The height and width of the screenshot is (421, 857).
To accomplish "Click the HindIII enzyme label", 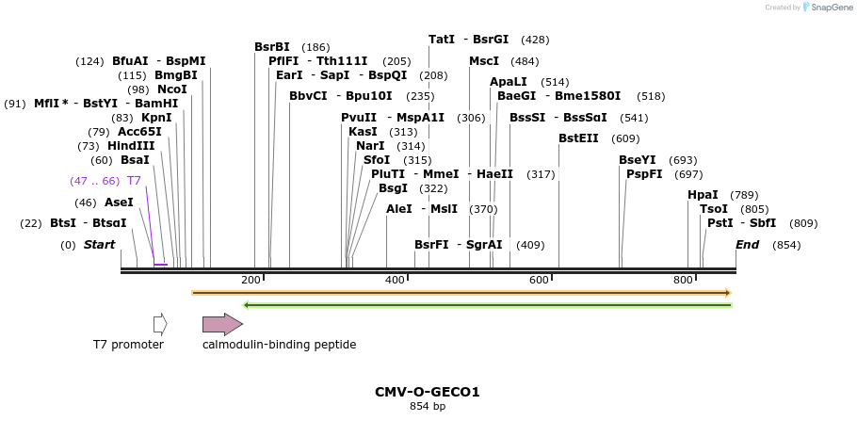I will tap(131, 146).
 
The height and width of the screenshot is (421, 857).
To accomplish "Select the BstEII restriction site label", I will tap(578, 138).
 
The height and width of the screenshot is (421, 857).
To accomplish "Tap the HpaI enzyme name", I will tap(703, 195).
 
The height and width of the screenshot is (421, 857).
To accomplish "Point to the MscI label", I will tap(484, 61).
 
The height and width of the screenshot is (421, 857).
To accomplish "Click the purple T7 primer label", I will tap(134, 181).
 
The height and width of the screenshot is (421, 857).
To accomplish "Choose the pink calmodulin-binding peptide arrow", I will tap(222, 324).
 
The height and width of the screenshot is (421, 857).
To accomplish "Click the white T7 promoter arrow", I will tap(160, 324).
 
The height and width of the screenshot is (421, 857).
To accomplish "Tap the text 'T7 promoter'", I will tap(128, 345).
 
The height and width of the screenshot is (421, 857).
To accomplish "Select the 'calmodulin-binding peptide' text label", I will tap(279, 345).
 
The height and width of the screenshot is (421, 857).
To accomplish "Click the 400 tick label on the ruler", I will tap(395, 280).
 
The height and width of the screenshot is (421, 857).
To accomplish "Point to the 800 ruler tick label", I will tap(683, 280).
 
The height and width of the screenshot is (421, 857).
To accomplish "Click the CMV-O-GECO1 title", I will tap(428, 392).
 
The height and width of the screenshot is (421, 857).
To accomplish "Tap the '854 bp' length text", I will tap(428, 407).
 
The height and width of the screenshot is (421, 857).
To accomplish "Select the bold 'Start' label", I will tap(99, 245).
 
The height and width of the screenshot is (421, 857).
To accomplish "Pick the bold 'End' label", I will tap(748, 245).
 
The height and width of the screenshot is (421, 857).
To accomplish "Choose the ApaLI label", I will tap(509, 82).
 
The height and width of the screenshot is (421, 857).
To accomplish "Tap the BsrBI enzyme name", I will tap(272, 47).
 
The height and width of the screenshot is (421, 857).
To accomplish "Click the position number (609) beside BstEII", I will tap(625, 138).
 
